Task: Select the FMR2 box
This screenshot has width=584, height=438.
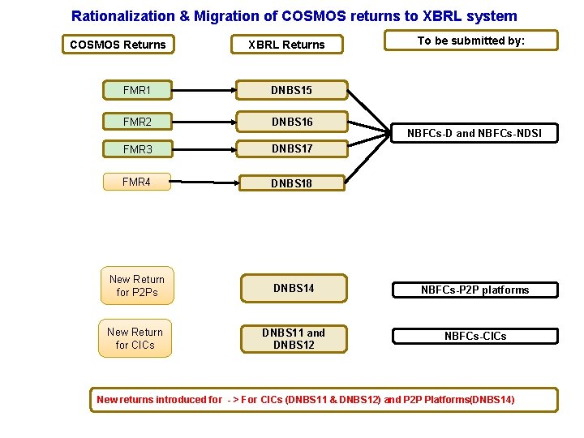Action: pos(137,122)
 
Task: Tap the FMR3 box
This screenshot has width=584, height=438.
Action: pos(137,149)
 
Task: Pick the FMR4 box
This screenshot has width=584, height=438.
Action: pos(137,182)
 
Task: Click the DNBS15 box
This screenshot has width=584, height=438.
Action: pos(292,91)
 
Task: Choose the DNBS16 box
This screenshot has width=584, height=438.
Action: pos(292,122)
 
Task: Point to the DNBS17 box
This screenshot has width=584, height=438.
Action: pos(292,149)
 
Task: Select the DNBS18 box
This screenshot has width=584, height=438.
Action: pos(292,183)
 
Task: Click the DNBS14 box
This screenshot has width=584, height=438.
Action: pos(293,288)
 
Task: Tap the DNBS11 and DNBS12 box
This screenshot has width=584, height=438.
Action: pos(293,338)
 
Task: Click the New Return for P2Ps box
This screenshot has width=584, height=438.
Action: pos(136,286)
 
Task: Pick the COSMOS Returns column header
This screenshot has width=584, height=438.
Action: pos(118,45)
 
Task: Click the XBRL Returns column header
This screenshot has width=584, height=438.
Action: pos(286,45)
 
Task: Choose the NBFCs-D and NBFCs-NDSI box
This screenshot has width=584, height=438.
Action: pos(474,133)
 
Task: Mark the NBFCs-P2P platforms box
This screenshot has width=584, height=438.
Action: pos(474,290)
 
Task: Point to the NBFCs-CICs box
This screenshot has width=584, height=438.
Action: pos(474,336)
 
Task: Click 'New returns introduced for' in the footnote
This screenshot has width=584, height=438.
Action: pos(159,399)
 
